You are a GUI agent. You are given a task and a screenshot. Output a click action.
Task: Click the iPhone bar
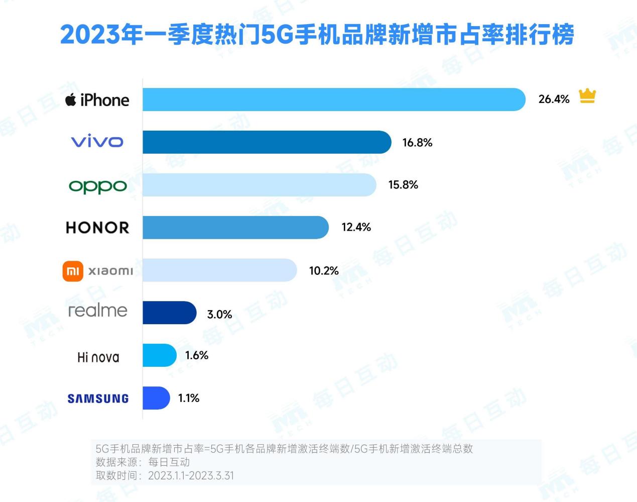[x=334, y=99]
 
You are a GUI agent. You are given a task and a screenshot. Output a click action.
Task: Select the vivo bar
[x=267, y=142]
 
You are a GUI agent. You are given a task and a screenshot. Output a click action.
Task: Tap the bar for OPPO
[x=259, y=185]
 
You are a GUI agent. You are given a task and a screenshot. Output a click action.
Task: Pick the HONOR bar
[x=235, y=228]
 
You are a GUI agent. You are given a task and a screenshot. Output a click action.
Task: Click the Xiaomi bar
[x=219, y=270]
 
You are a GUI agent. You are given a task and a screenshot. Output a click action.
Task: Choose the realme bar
[x=169, y=313]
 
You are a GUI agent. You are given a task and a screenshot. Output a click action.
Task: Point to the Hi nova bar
[x=159, y=355]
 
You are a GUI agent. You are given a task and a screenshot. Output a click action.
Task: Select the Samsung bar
[x=156, y=398]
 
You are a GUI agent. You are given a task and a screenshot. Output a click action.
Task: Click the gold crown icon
[x=587, y=95]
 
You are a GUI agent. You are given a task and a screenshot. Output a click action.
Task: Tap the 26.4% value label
[x=554, y=99]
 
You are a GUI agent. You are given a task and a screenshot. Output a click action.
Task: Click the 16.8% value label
[x=417, y=143]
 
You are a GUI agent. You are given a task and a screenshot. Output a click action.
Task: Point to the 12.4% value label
[x=356, y=228]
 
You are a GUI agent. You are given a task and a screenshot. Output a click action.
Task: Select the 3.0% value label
[x=219, y=315]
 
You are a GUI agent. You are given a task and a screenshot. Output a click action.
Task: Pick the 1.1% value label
[x=189, y=398]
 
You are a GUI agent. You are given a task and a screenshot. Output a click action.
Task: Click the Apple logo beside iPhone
[x=71, y=99]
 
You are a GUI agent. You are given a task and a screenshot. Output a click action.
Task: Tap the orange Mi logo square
[x=73, y=271]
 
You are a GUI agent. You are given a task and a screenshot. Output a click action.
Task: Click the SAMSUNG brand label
[x=98, y=399]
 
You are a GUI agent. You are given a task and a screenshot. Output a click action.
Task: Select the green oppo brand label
[x=98, y=186]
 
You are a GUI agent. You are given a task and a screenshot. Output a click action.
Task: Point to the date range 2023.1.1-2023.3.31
[x=191, y=476]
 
